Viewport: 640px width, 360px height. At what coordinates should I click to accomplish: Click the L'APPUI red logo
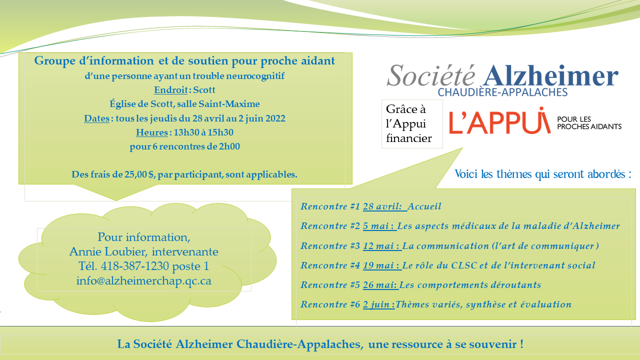pyautogui.click(x=499, y=121)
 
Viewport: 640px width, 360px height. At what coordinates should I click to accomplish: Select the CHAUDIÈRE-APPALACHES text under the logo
pyautogui.click(x=502, y=92)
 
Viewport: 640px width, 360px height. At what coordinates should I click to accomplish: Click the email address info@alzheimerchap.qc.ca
pyautogui.click(x=144, y=280)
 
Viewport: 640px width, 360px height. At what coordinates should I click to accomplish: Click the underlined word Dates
pyautogui.click(x=96, y=118)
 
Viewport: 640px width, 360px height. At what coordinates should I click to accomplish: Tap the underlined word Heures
pyautogui.click(x=151, y=132)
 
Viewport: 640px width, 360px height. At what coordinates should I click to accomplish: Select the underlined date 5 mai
pyautogui.click(x=378, y=226)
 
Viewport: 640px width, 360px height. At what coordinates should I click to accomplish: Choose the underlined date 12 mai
pyautogui.click(x=381, y=246)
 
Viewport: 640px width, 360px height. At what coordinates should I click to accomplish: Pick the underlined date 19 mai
pyautogui.click(x=381, y=265)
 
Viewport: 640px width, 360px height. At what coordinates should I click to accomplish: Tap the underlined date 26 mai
pyautogui.click(x=380, y=285)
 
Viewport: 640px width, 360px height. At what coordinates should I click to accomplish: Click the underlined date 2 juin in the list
pyautogui.click(x=378, y=304)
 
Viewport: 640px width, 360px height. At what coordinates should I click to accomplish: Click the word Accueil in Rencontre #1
pyautogui.click(x=424, y=206)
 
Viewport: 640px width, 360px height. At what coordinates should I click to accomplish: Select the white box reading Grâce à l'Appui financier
pyautogui.click(x=412, y=124)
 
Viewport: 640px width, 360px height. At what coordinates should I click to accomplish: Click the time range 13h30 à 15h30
pyautogui.click(x=202, y=132)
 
